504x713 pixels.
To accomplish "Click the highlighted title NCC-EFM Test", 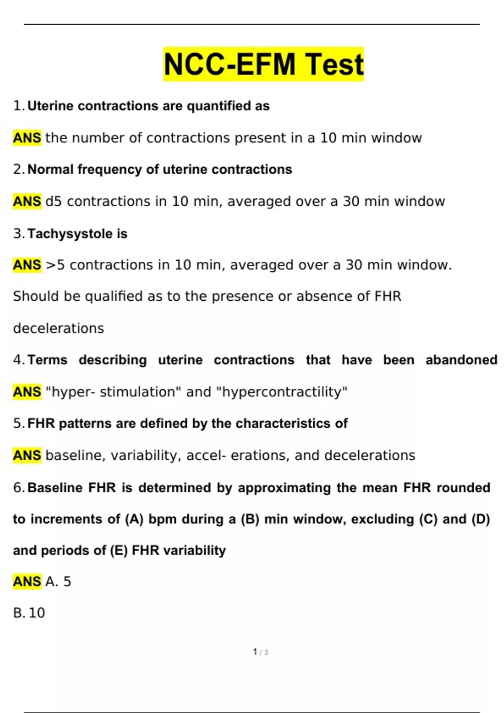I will [263, 64].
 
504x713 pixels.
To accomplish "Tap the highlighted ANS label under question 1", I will [27, 138].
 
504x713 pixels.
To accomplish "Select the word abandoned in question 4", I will [461, 360].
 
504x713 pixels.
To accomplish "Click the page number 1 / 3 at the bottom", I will [260, 652].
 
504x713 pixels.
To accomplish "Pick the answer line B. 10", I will [29, 613].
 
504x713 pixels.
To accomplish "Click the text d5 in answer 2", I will [54, 201].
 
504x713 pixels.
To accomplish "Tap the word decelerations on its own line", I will [58, 328].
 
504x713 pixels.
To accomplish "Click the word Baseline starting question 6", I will [55, 487].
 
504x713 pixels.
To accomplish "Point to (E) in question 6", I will [119, 550].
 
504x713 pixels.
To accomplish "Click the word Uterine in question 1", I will [50, 106].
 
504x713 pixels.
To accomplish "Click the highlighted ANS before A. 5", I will [27, 581].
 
